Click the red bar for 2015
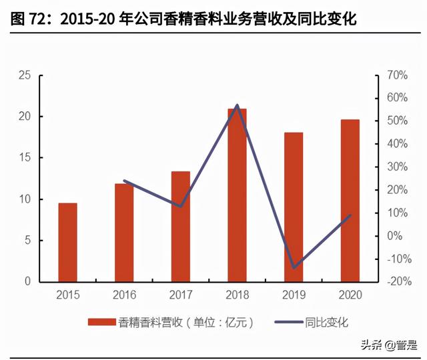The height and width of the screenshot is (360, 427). click(67, 242)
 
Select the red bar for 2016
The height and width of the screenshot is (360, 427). click(124, 233)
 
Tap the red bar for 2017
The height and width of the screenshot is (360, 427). click(180, 227)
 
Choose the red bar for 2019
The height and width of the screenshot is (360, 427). click(294, 207)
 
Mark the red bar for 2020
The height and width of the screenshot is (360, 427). click(350, 201)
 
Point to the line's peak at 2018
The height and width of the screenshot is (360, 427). click(237, 105)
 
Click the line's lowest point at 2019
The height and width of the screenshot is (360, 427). click(294, 268)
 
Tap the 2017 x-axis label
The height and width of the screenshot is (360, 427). click(180, 294)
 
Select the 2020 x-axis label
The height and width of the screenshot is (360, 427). click(350, 294)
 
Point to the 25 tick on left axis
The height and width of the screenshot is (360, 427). click(25, 75)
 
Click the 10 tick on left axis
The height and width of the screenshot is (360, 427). click(25, 199)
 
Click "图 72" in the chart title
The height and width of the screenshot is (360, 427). click(29, 20)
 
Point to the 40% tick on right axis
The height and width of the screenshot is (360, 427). click(394, 144)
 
